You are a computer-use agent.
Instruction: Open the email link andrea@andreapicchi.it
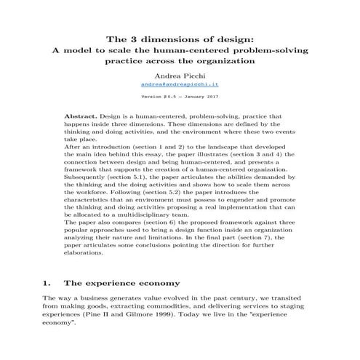coord(180,85)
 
